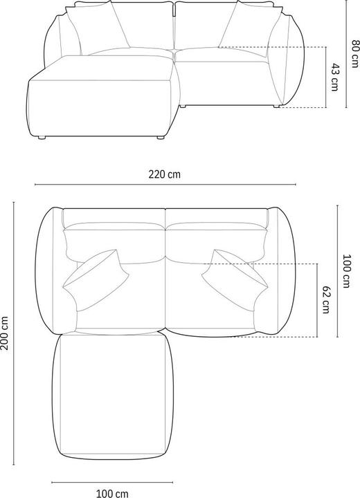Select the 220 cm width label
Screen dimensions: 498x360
165,174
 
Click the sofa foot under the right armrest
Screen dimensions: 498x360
278,107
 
